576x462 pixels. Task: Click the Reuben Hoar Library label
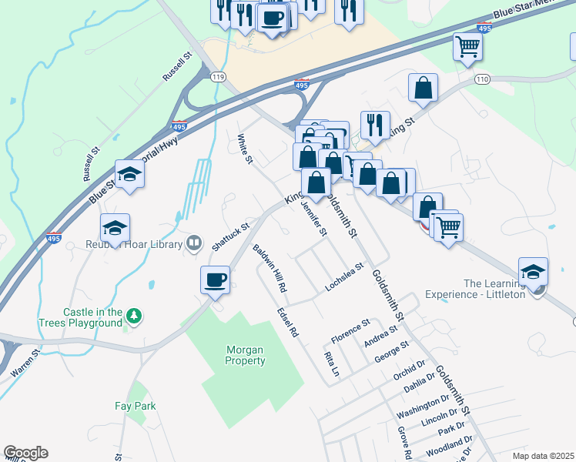(x=133, y=245)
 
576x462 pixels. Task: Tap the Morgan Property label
(x=246, y=355)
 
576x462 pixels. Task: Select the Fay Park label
(x=135, y=406)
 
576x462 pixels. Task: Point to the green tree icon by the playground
(x=135, y=315)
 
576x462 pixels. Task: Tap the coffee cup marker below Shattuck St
(x=216, y=280)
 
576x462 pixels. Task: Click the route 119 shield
(x=219, y=77)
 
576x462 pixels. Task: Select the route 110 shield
(x=483, y=79)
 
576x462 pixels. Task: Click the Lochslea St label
(x=343, y=277)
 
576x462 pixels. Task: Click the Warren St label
(x=25, y=363)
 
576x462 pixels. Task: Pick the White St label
(x=245, y=149)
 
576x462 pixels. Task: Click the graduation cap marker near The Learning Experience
(x=533, y=271)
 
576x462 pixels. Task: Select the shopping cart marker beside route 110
(x=468, y=48)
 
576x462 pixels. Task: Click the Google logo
(x=25, y=453)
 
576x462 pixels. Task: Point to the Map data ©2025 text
(x=544, y=456)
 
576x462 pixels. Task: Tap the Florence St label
(x=350, y=331)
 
